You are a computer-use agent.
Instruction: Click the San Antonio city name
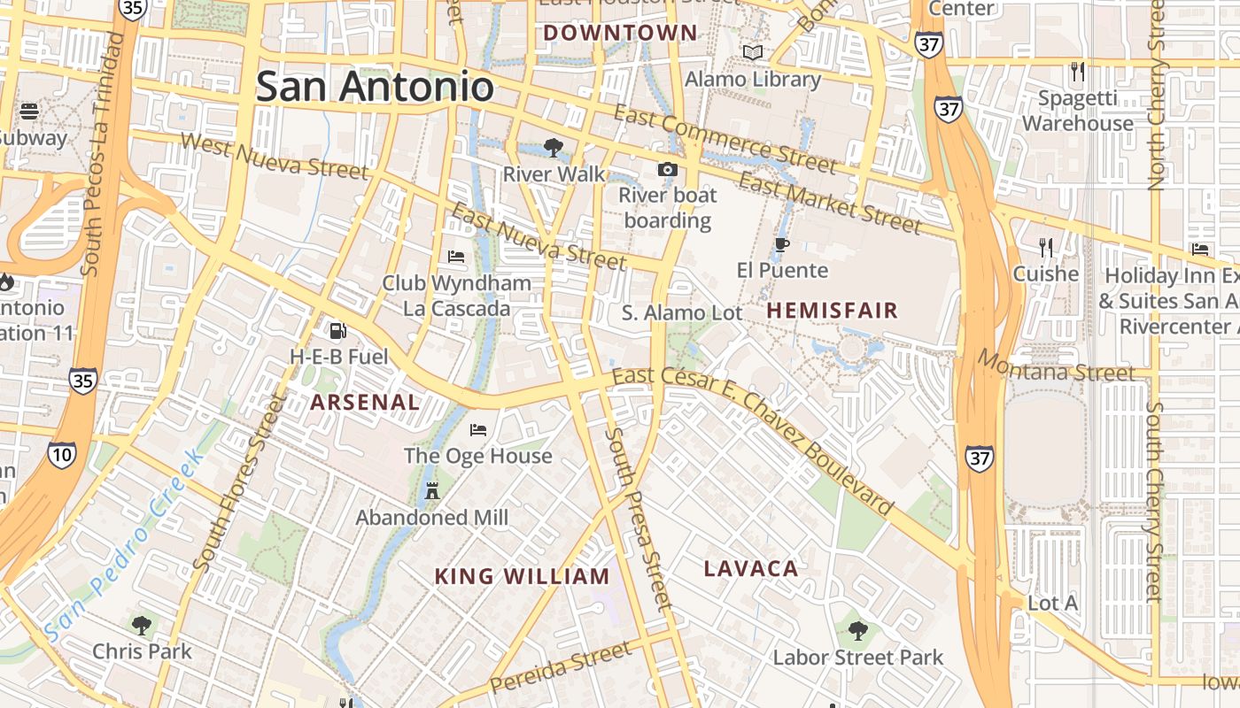click(x=375, y=87)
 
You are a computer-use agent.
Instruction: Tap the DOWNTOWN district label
click(x=620, y=34)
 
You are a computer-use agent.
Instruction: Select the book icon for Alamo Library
click(x=753, y=53)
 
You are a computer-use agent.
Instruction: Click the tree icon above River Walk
click(x=554, y=147)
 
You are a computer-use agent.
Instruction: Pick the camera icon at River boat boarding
click(x=667, y=169)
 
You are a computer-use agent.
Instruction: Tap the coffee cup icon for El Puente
click(x=781, y=244)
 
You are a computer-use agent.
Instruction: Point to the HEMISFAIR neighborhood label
click(x=832, y=311)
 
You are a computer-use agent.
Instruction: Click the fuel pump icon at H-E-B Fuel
click(x=337, y=331)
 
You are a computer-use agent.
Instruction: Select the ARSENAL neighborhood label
click(x=365, y=402)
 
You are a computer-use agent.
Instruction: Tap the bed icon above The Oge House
click(x=478, y=430)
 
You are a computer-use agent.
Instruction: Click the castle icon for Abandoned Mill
click(x=432, y=490)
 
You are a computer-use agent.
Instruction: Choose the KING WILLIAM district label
click(x=522, y=577)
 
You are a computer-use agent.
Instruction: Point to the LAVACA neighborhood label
click(x=751, y=569)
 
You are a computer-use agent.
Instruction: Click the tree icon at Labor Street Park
click(x=857, y=631)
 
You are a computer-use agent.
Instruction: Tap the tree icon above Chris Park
click(x=142, y=626)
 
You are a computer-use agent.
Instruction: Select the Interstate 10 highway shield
click(x=62, y=456)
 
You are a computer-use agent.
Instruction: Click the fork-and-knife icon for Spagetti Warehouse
click(x=1077, y=71)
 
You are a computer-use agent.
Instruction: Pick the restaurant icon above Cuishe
click(x=1046, y=247)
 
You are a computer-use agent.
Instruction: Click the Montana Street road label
click(x=1056, y=366)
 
